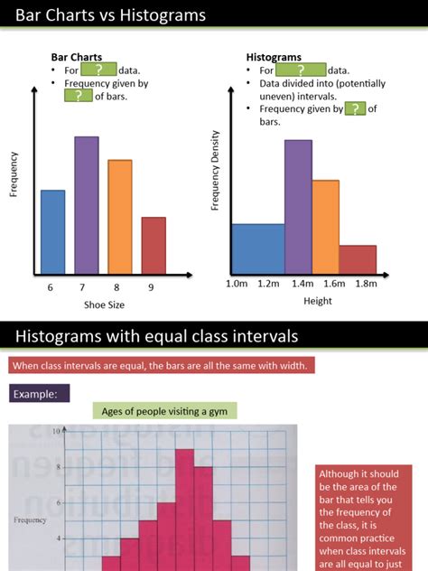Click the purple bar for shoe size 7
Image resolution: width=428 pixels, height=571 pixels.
(x=87, y=205)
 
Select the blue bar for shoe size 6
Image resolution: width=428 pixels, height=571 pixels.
(x=53, y=232)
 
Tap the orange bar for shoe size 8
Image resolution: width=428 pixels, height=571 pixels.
(x=120, y=217)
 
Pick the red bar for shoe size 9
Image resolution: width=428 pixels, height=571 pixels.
(x=154, y=246)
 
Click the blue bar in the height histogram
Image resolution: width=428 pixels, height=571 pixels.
(x=257, y=248)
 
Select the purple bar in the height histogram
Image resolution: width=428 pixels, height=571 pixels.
(x=298, y=207)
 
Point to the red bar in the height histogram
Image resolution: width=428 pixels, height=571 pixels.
(x=358, y=259)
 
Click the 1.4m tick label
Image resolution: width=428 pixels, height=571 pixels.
(x=301, y=284)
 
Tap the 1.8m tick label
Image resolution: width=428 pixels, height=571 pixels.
(x=365, y=284)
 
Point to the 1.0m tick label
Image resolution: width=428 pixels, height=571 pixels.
(x=237, y=284)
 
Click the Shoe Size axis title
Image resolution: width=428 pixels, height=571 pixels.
(x=104, y=304)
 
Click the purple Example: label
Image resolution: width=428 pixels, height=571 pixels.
(x=40, y=394)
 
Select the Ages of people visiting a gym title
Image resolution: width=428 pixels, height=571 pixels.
(x=164, y=411)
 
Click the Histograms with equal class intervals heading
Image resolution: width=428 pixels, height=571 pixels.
(x=156, y=337)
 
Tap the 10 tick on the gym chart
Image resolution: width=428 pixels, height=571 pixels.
(x=55, y=432)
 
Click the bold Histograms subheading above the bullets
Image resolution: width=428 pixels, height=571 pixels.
(x=274, y=57)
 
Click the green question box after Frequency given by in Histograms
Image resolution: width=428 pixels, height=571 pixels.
(x=356, y=108)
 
